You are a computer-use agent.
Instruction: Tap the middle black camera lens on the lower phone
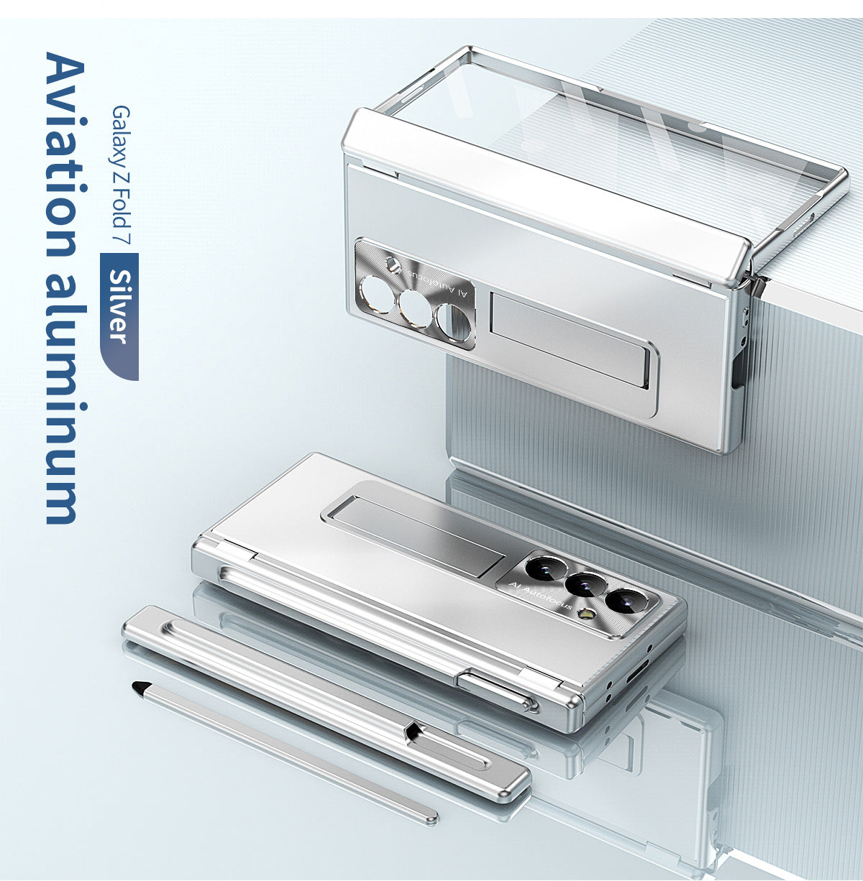tap(583, 584)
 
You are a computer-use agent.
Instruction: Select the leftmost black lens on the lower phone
tap(544, 568)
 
